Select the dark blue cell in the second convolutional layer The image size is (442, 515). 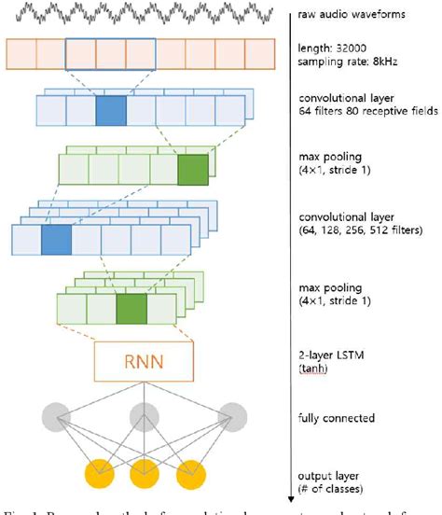pyautogui.click(x=56, y=240)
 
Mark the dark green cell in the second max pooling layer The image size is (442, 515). pyautogui.click(x=131, y=306)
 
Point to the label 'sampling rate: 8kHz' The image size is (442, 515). pyautogui.click(x=346, y=62)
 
